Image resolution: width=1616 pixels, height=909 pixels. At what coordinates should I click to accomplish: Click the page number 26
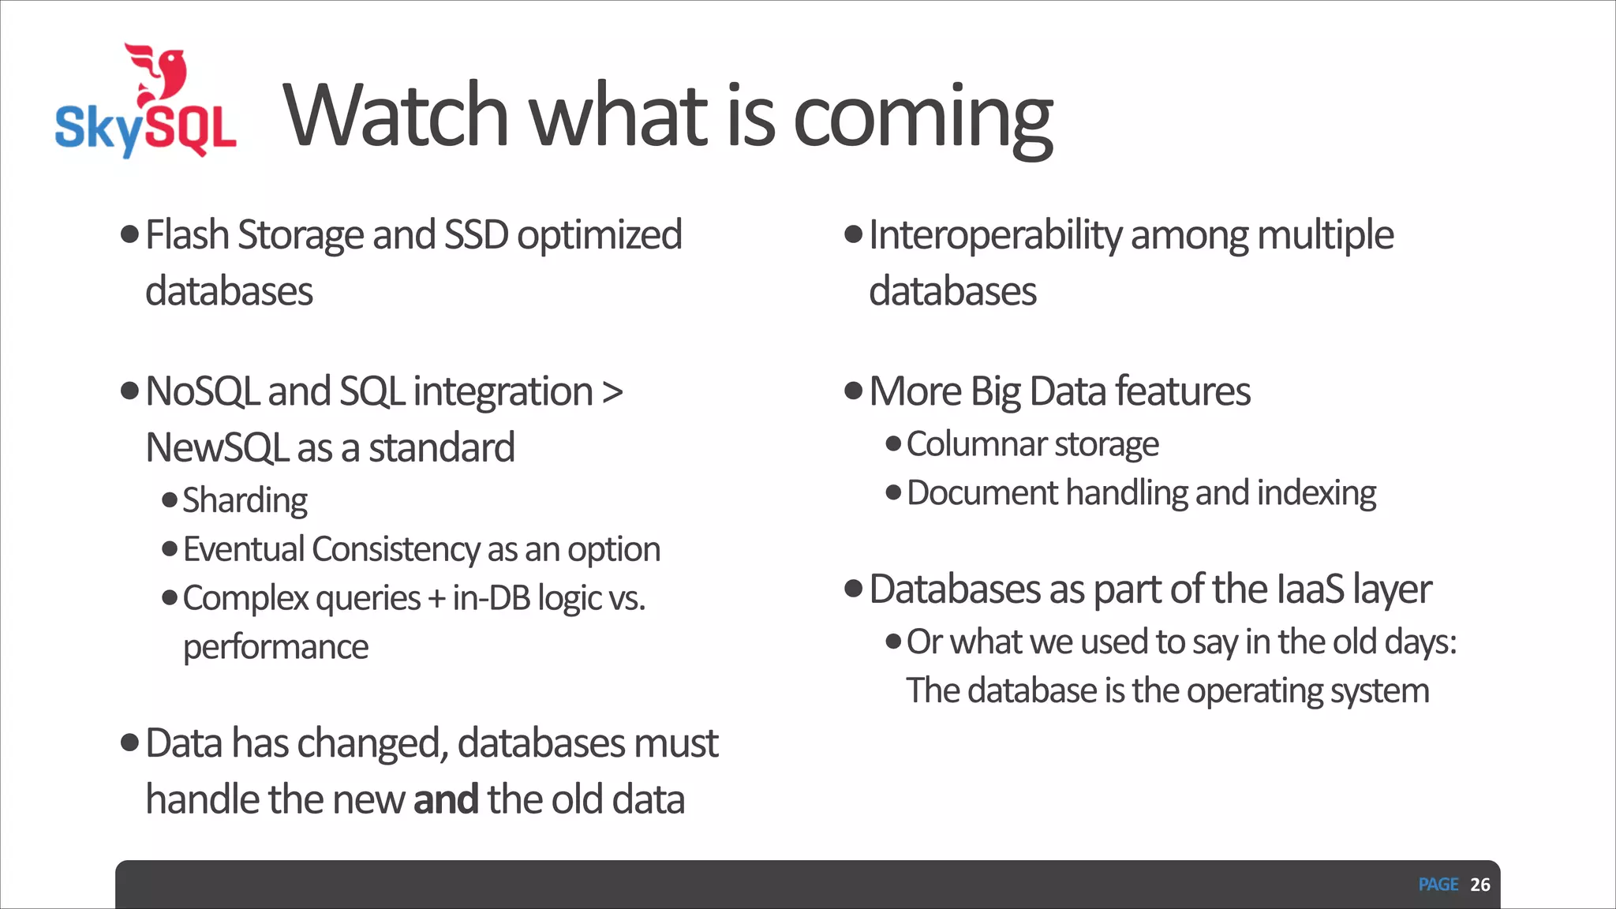click(x=1480, y=885)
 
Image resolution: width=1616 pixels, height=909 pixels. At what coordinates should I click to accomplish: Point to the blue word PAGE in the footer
click(x=1438, y=885)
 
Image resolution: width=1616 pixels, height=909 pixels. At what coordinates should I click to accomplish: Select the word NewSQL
click(x=217, y=448)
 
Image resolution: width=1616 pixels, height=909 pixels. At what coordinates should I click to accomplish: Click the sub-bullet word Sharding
click(x=245, y=501)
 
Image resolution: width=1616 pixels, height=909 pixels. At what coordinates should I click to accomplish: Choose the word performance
click(x=275, y=647)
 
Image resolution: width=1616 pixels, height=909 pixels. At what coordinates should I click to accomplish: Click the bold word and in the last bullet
click(x=446, y=799)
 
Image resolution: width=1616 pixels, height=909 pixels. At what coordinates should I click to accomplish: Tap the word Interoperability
click(x=995, y=236)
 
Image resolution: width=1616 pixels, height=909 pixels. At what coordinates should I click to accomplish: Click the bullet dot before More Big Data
click(x=853, y=391)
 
